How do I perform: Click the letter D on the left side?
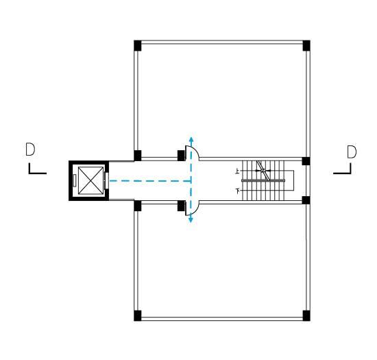click(x=30, y=149)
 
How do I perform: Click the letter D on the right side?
click(x=352, y=152)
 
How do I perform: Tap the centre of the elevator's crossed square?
click(x=90, y=180)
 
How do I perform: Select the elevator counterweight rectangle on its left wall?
click(x=75, y=180)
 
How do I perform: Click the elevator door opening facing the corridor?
click(x=106, y=180)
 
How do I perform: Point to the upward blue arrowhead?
click(x=191, y=139)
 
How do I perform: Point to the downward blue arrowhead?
click(x=191, y=219)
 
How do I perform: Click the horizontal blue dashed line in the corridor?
click(x=150, y=180)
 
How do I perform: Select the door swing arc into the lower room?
click(x=195, y=211)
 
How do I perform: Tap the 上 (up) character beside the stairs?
click(x=238, y=171)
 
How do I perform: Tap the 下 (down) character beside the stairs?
click(x=238, y=191)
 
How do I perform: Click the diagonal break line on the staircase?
click(x=263, y=170)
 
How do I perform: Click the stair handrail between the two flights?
click(x=263, y=180)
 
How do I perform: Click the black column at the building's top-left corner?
click(x=138, y=46)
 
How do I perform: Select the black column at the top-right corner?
click(x=306, y=46)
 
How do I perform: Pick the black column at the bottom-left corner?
click(x=138, y=315)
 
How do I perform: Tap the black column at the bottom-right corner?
click(x=306, y=315)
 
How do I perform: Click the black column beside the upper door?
click(x=181, y=156)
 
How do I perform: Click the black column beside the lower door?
click(x=181, y=206)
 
